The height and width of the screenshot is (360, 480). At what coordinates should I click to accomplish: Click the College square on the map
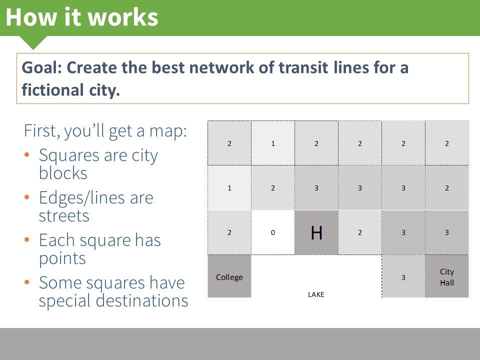(229, 276)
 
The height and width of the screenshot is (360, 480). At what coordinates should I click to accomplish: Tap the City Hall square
(447, 276)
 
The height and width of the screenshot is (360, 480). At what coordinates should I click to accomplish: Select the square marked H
(316, 232)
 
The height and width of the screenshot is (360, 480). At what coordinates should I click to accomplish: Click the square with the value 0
(273, 232)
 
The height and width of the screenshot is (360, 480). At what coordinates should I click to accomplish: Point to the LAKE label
(316, 294)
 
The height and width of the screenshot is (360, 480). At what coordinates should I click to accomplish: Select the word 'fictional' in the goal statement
(52, 89)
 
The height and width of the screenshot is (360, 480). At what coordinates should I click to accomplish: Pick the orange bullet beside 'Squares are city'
(27, 154)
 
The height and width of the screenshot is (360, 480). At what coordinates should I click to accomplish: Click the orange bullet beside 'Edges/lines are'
(27, 197)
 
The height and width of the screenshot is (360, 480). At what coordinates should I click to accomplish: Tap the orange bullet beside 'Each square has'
(27, 239)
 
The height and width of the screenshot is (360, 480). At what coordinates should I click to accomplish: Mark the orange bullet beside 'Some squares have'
(27, 282)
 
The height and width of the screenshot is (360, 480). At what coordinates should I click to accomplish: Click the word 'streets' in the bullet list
(64, 215)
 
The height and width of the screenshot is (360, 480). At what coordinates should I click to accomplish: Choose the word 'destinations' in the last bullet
(141, 300)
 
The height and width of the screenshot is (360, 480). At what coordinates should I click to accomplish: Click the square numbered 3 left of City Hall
(403, 276)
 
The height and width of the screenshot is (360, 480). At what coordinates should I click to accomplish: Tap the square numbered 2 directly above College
(229, 232)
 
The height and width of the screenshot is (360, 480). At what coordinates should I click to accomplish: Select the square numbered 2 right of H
(360, 232)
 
